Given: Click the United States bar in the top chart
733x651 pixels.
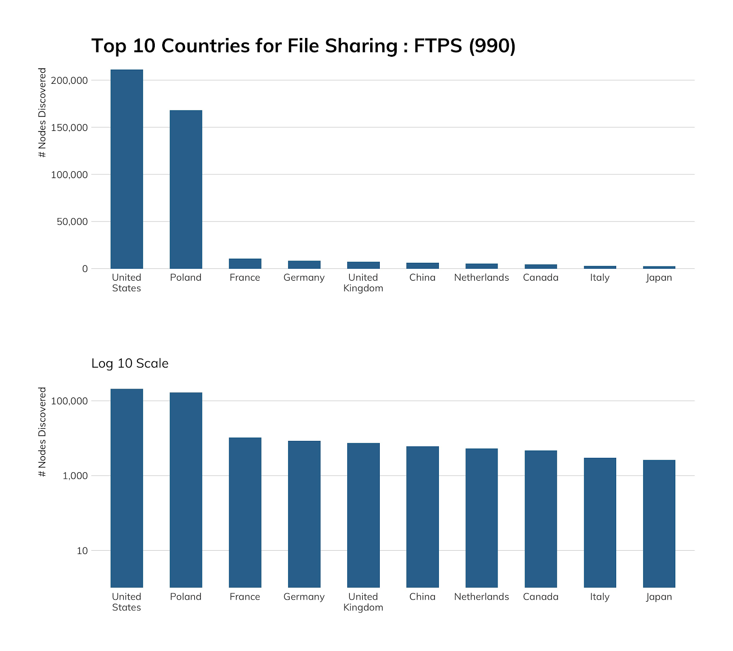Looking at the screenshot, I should click(126, 169).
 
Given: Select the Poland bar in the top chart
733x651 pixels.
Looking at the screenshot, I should click(186, 189).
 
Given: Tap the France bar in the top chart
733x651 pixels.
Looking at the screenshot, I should click(245, 264).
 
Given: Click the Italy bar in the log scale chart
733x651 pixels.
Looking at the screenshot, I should click(600, 522).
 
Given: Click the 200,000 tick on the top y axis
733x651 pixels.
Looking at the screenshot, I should click(69, 81).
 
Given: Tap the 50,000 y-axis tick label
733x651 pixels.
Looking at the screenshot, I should click(71, 222).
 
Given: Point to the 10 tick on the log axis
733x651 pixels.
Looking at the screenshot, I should click(82, 551).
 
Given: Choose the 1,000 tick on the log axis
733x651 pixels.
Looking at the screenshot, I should click(75, 476).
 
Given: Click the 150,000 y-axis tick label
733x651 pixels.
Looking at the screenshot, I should click(69, 128).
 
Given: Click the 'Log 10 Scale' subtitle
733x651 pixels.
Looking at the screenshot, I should click(130, 363).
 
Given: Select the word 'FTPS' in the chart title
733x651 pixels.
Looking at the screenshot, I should click(438, 46).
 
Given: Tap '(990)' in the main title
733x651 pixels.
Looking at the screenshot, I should click(492, 46).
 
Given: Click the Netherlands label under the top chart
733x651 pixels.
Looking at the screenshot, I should click(481, 277).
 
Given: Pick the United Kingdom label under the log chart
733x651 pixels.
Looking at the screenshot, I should click(363, 602).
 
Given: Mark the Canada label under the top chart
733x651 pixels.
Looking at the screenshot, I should click(541, 277).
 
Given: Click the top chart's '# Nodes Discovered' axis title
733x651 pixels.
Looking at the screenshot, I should click(43, 113).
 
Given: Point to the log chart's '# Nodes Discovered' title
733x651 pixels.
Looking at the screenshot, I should click(43, 432).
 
